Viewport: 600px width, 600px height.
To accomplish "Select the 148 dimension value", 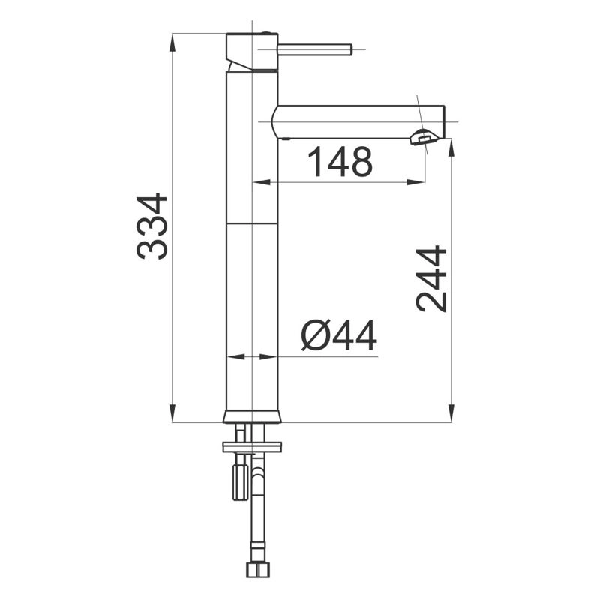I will (x=340, y=162).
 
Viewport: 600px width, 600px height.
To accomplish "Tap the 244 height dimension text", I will (x=432, y=278).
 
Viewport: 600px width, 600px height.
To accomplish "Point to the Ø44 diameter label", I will (x=339, y=335).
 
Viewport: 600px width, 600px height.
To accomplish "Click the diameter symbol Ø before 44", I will (x=315, y=335).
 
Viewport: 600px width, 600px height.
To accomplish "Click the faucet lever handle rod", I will (x=315, y=49).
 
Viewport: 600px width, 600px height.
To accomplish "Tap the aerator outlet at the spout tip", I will (x=424, y=136).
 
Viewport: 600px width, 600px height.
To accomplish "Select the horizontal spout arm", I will (x=352, y=121).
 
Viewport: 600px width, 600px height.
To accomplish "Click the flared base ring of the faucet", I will (x=252, y=416).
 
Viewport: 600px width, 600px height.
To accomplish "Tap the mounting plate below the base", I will (x=252, y=447).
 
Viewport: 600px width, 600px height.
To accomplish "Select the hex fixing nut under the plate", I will (x=240, y=481).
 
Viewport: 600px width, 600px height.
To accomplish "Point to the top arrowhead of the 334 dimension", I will (x=172, y=40).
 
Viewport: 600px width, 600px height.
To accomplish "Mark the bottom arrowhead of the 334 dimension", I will (x=172, y=415).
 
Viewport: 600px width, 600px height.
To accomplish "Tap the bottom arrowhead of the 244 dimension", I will (x=451, y=415).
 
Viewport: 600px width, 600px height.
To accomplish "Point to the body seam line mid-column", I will (x=252, y=223).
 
